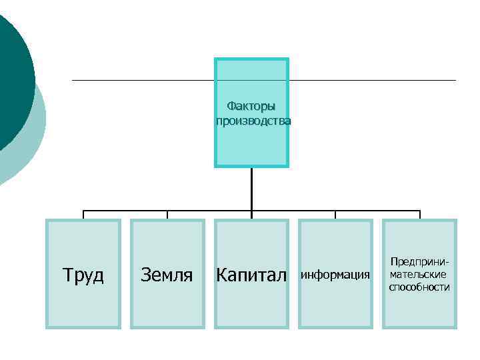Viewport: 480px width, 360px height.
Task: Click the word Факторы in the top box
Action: tap(251, 106)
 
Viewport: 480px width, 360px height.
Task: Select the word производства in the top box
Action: tap(253, 121)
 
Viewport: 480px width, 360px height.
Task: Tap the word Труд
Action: tap(83, 275)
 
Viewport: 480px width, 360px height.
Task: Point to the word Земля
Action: tap(167, 275)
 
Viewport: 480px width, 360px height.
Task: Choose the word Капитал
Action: tap(251, 275)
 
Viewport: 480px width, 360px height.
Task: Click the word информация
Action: tap(335, 275)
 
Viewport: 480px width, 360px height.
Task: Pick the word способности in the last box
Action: tap(419, 287)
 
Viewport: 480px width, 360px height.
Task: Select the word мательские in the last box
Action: tap(419, 274)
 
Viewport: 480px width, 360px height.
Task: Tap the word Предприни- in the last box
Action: tap(419, 261)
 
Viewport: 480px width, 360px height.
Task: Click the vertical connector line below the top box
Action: tap(251, 190)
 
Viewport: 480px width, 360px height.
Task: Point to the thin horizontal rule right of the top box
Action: tap(373, 81)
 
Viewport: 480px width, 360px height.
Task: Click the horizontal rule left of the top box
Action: tap(143, 81)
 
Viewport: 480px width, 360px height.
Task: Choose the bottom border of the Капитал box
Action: tap(251, 327)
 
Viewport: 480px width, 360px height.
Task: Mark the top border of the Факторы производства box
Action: tap(251, 59)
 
